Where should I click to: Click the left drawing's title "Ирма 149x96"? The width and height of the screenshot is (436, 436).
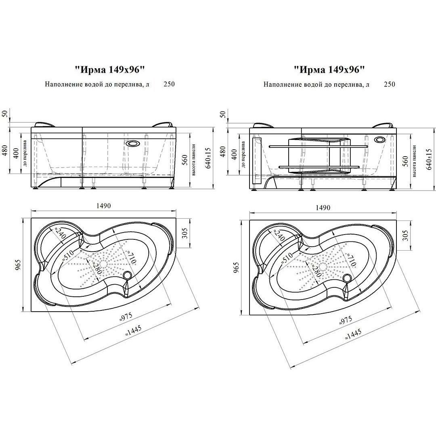tap(110, 70)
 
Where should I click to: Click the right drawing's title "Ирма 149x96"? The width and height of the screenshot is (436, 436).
tap(329, 69)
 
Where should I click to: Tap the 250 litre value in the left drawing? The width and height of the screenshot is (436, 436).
tap(169, 84)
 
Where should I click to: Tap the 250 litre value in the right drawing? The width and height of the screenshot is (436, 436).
tap(389, 84)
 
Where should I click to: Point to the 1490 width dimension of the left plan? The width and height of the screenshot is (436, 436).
tap(103, 206)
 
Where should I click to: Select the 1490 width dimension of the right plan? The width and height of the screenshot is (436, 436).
tap(323, 208)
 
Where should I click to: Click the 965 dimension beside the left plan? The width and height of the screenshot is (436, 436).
tap(18, 265)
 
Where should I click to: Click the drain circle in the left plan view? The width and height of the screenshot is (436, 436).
tap(128, 275)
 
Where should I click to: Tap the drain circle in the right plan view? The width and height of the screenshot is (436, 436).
tap(347, 277)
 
